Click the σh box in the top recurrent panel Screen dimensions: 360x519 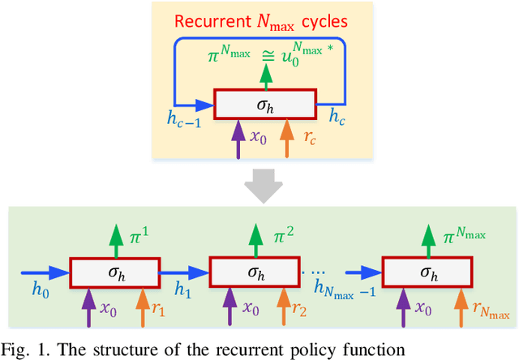click(x=263, y=104)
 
